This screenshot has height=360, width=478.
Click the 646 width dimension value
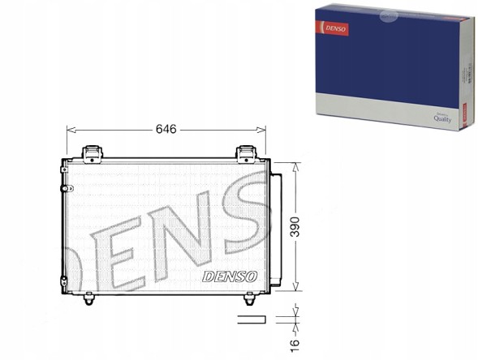(x=166, y=128)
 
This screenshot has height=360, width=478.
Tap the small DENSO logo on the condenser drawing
(x=231, y=276)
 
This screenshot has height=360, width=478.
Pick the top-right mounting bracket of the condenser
(x=246, y=152)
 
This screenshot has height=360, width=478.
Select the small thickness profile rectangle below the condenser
(x=252, y=319)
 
